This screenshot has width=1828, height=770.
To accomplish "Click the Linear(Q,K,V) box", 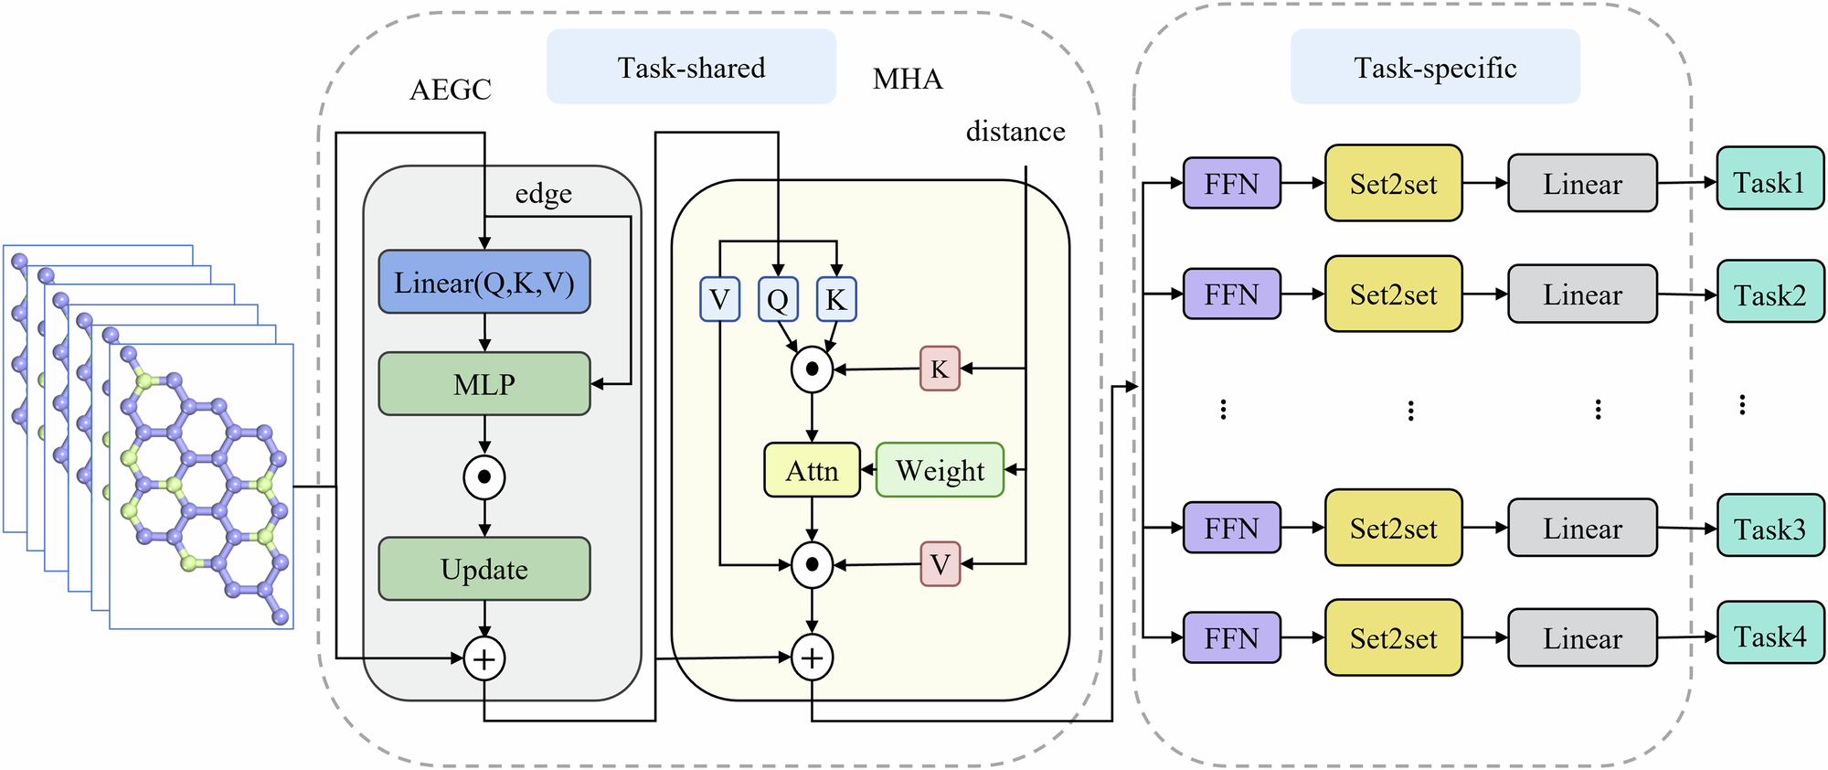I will point(484,283).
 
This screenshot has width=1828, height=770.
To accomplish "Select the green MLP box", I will point(484,384).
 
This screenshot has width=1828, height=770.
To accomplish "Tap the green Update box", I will point(484,569).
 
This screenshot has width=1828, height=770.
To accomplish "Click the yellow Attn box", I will point(812,470).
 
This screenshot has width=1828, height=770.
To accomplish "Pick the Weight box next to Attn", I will point(940,470).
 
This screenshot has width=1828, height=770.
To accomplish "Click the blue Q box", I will point(778,300).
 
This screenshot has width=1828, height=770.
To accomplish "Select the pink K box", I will point(940,369).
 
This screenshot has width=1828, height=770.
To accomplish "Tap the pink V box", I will point(940,564).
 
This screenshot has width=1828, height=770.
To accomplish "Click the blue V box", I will point(719,300).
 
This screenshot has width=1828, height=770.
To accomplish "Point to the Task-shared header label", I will point(691,67).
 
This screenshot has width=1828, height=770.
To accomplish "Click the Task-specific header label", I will point(1435,67).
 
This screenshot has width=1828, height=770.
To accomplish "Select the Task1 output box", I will point(1770,182).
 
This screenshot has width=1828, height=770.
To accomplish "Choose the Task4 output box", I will point(1770,636).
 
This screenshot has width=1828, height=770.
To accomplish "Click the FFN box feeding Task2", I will point(1231,294).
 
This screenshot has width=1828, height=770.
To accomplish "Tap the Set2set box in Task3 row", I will point(1393,529).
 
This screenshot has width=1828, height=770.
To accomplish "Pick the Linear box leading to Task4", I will point(1582,638).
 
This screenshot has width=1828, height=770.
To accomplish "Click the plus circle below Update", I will point(484,658).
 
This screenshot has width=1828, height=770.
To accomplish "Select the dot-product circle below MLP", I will point(484,476).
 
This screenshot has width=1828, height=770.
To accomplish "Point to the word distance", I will point(1015,132).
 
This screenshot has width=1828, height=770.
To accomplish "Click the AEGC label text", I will point(451,90).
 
